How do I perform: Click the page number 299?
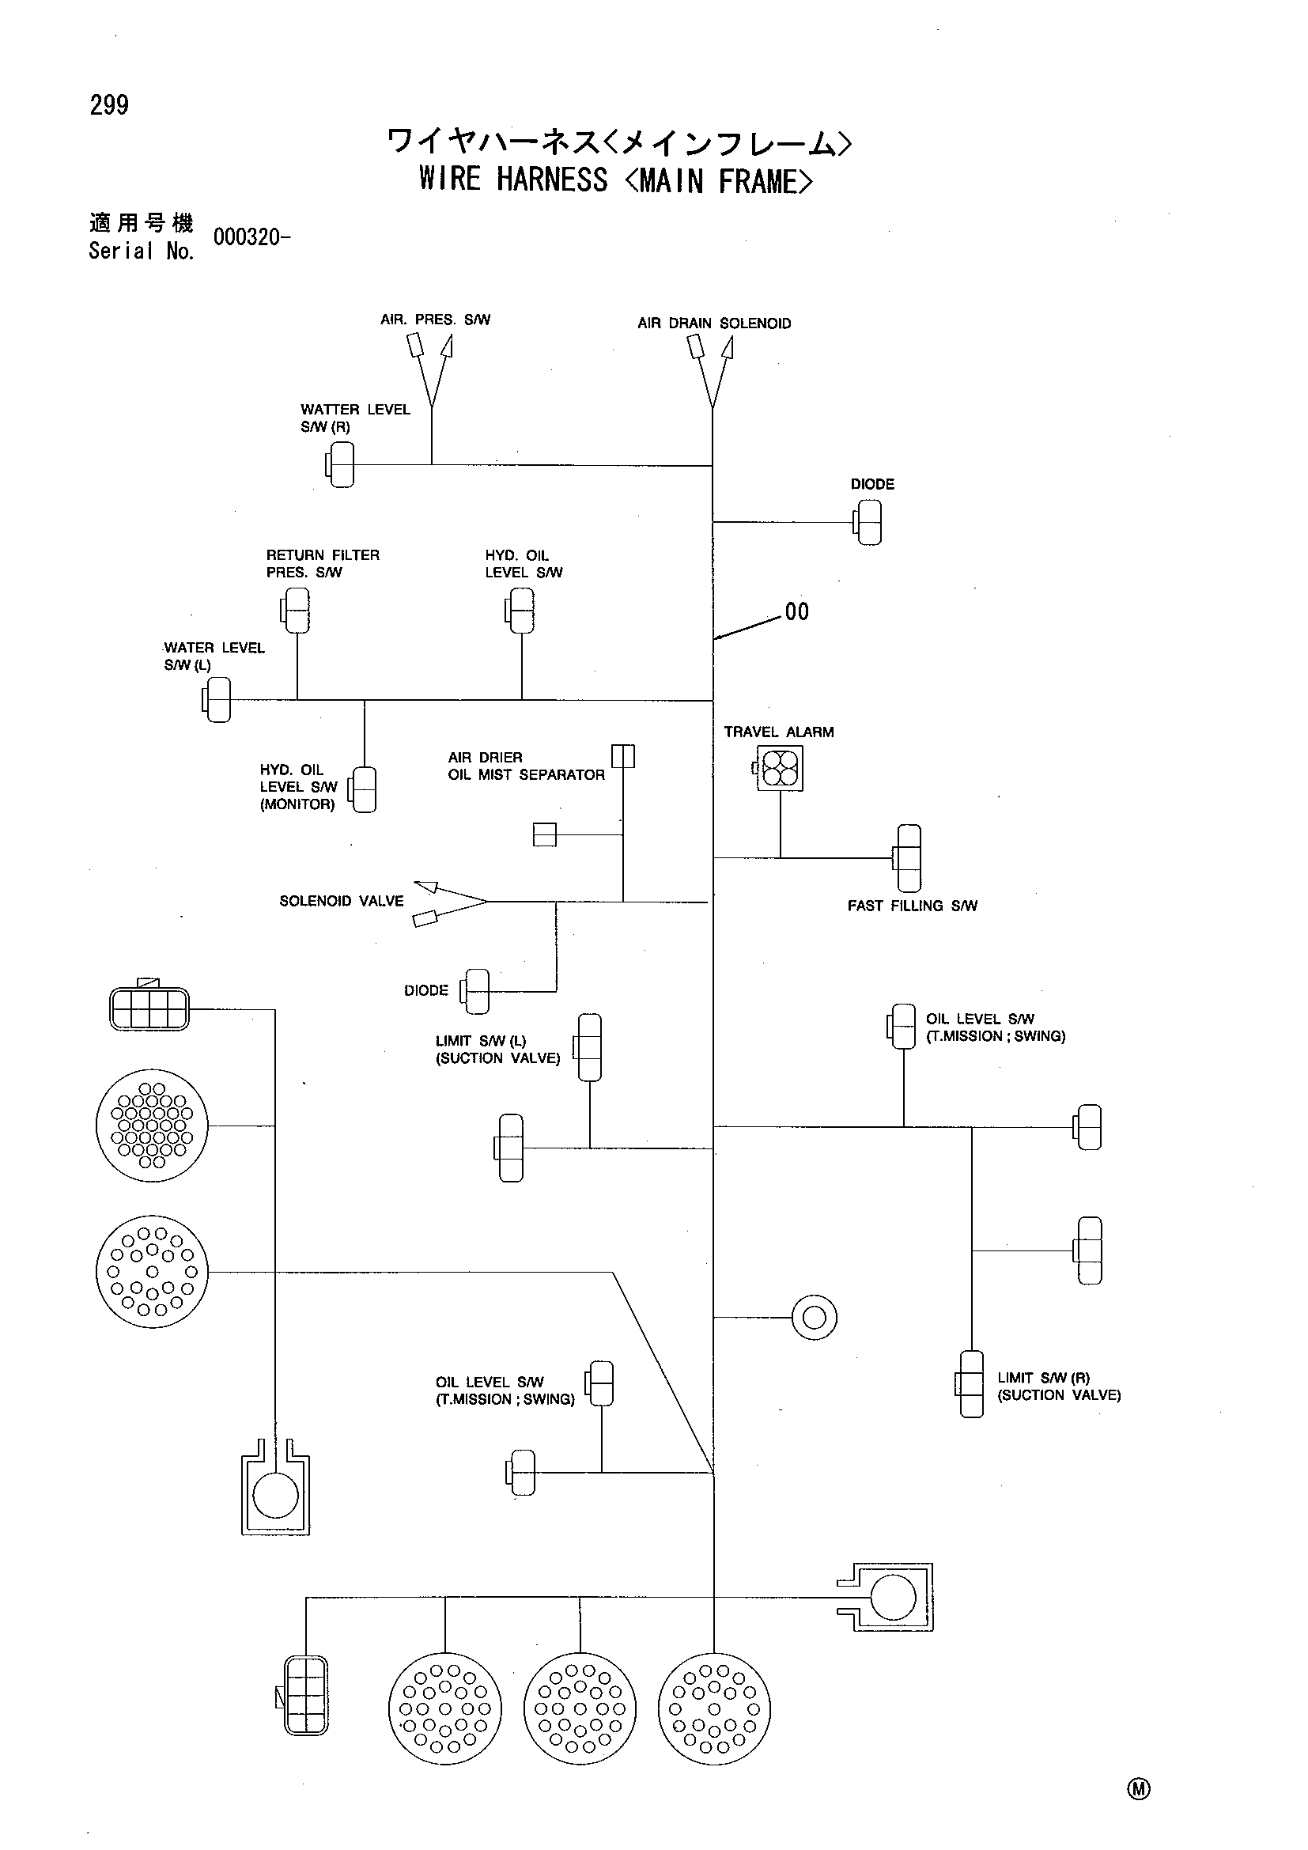point(110,105)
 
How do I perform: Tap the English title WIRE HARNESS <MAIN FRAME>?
point(615,180)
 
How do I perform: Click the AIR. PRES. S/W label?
point(435,320)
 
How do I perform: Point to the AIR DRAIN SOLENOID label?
point(714,324)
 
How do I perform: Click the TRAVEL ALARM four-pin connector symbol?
point(780,768)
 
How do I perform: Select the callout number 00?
point(796,612)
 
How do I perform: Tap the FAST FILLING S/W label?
point(913,906)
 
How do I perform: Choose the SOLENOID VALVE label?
point(342,902)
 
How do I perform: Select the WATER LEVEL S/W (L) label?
point(214,656)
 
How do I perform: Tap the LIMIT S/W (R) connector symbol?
point(970,1384)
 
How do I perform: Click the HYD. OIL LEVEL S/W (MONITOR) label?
point(298,787)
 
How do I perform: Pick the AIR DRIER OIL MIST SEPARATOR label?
point(526,766)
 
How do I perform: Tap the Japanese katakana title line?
point(618,142)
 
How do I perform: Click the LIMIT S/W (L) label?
point(497,1050)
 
